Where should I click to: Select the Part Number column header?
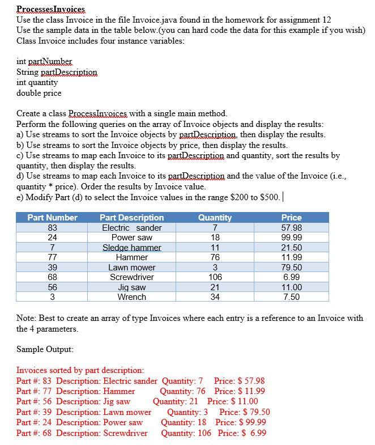pos(53,218)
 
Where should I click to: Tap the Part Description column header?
pos(131,218)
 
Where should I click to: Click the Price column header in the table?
pos(291,218)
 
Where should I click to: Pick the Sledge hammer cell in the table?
pos(131,248)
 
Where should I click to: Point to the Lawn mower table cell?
pos(131,268)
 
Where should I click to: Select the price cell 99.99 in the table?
pos(291,238)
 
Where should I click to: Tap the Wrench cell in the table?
pos(131,297)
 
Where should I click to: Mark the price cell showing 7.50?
pos(291,297)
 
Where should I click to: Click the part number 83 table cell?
pos(52,228)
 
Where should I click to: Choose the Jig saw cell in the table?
pos(131,287)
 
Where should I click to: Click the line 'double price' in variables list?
pos(39,93)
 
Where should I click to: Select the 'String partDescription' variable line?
pos(57,72)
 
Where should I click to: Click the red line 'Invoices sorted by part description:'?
pos(80,370)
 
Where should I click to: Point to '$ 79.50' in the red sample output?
pos(254,412)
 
